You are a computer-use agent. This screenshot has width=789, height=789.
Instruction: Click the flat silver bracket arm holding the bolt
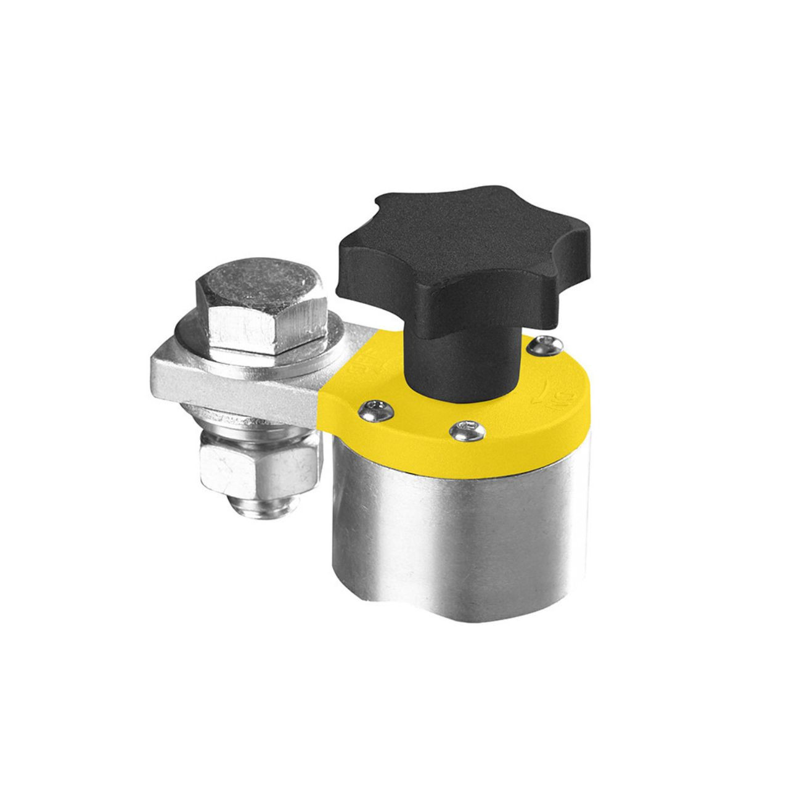185,376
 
